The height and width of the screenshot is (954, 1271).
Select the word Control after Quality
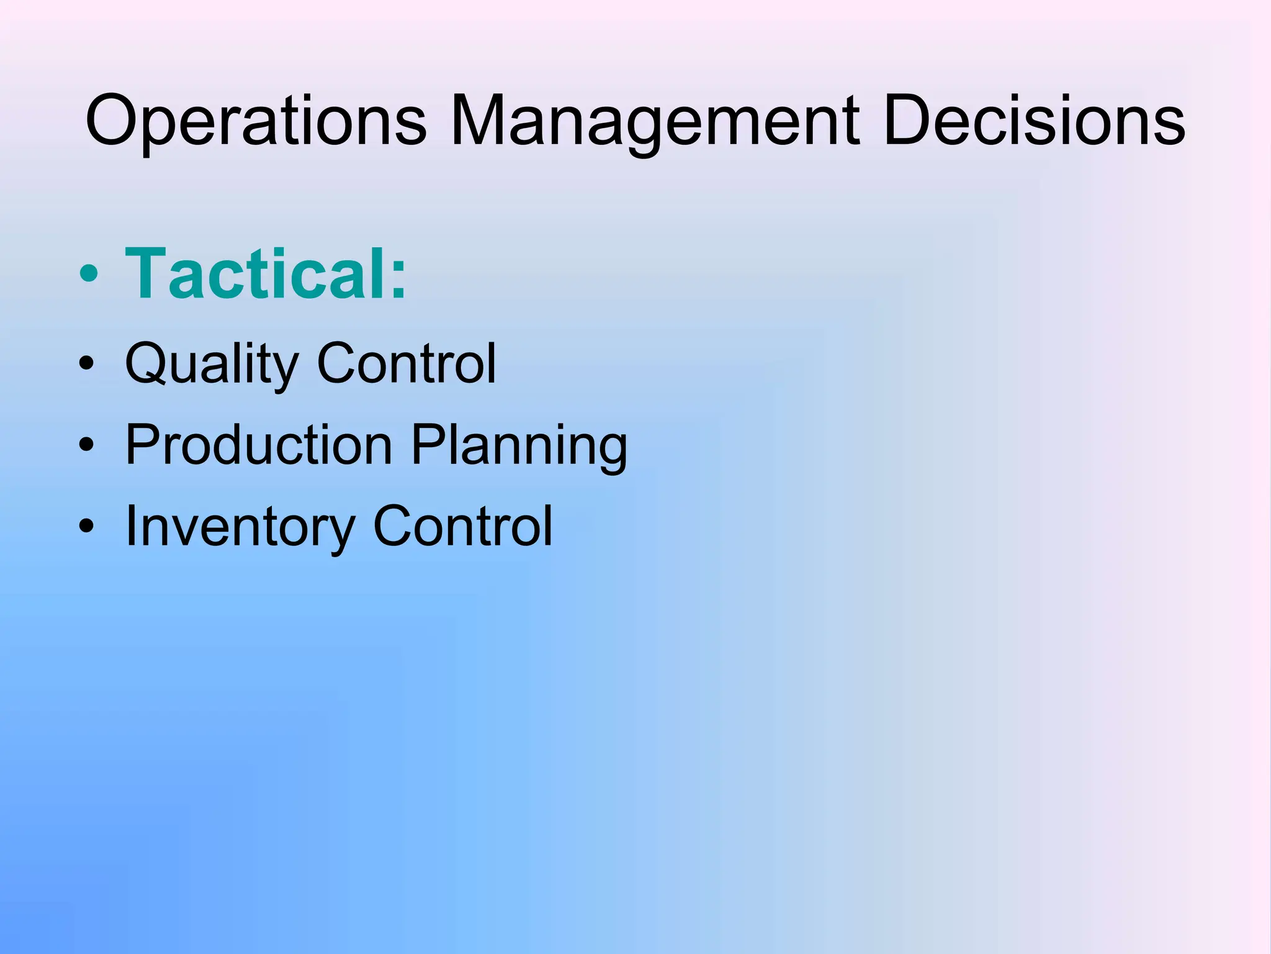pyautogui.click(x=406, y=363)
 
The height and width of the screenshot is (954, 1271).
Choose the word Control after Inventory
pyautogui.click(x=462, y=526)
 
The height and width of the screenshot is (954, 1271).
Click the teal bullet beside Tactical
pyautogui.click(x=89, y=275)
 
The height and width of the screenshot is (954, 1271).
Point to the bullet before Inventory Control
pyautogui.click(x=86, y=526)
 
